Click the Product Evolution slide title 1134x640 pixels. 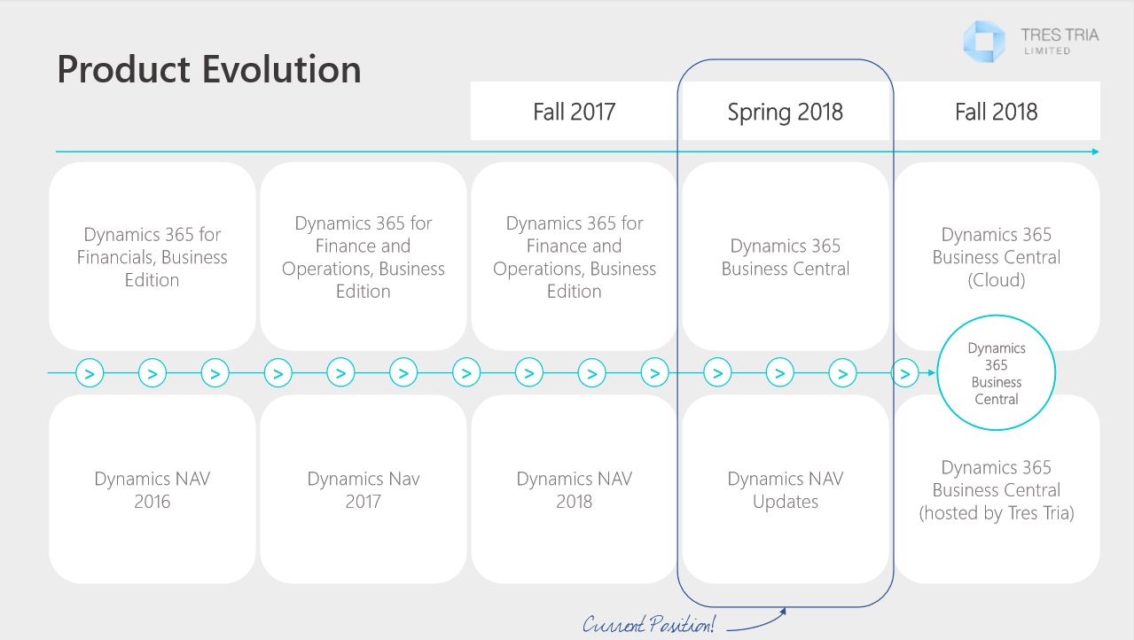coord(209,69)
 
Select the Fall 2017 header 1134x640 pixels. coord(574,112)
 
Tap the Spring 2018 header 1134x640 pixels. coord(786,112)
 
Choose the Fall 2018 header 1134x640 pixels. coord(997,112)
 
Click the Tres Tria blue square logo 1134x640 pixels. coord(983,42)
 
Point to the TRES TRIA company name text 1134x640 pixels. coord(1060,35)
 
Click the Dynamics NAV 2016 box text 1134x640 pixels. coord(153,489)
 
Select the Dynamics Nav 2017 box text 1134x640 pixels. coord(364,489)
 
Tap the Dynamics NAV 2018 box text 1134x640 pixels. coord(574,489)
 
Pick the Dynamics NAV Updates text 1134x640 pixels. coord(786,489)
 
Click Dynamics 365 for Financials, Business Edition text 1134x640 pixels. coord(153,257)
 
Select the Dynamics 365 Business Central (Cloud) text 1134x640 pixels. coord(997,257)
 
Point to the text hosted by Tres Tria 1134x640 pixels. coord(997,513)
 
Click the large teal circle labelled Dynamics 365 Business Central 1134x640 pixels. coord(997,316)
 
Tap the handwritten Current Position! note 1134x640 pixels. coord(648,624)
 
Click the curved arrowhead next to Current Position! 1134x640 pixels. coord(783,611)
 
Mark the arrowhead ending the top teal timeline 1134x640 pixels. coord(1096,152)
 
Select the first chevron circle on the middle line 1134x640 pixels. coord(90,373)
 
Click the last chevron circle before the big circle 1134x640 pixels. coord(904,373)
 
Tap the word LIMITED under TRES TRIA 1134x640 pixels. coord(1047,51)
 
